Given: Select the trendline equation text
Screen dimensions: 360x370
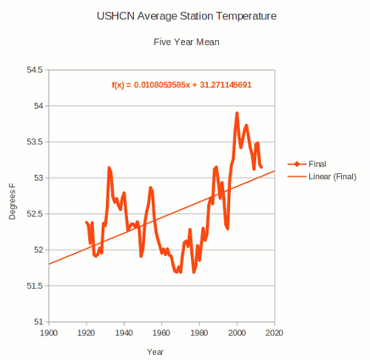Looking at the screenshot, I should pyautogui.click(x=181, y=84).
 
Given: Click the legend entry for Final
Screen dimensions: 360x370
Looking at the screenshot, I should pyautogui.click(x=318, y=164).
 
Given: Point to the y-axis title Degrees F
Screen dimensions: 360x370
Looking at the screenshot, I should pyautogui.click(x=12, y=196).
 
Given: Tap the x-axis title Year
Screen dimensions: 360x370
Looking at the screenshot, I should pyautogui.click(x=155, y=351).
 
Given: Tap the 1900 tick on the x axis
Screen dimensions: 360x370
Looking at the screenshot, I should pyautogui.click(x=49, y=333).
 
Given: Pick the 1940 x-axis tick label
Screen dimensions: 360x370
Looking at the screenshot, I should pyautogui.click(x=124, y=333).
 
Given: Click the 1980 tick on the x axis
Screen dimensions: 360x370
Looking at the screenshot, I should pyautogui.click(x=200, y=333).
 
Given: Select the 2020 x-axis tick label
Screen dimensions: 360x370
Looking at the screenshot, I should pyautogui.click(x=275, y=333).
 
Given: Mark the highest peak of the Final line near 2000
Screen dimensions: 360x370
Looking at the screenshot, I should pyautogui.click(x=237, y=113).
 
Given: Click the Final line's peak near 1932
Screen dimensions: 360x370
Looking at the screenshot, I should pyautogui.click(x=109, y=168).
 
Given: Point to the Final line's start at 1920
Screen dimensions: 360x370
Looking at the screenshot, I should pyautogui.click(x=87, y=221).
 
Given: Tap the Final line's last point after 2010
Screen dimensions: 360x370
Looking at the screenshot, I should pyautogui.click(x=261, y=167).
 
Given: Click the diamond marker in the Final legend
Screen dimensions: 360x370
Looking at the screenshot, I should pyautogui.click(x=296, y=164).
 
